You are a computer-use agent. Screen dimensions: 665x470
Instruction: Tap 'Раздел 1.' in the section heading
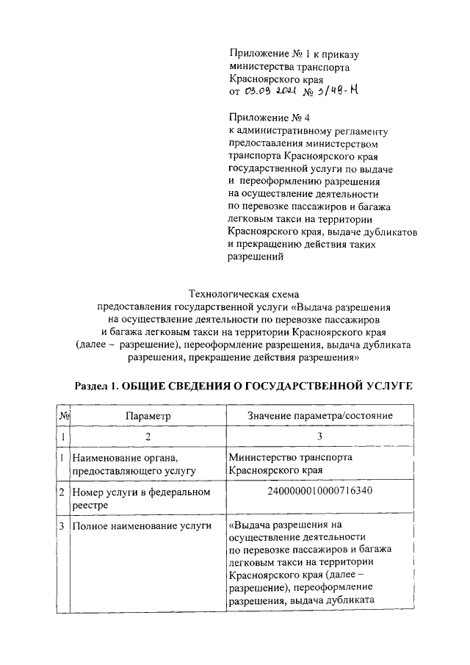97,386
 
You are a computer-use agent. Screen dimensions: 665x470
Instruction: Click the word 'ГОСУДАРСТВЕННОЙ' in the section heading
300,386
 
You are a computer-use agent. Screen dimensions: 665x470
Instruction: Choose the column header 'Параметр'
147,416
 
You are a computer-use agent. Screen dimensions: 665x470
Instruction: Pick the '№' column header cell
64,416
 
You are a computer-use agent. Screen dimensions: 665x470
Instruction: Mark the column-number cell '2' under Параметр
147,437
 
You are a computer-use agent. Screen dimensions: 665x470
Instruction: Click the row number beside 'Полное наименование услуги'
63,525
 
